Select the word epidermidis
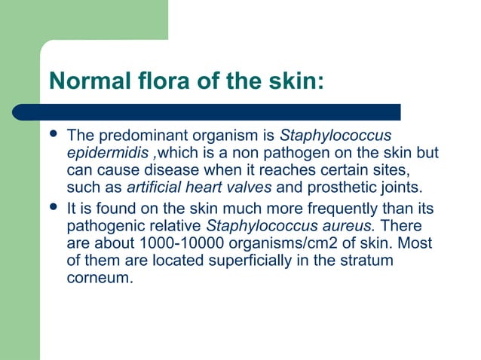click(97, 153)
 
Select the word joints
click(409, 187)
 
